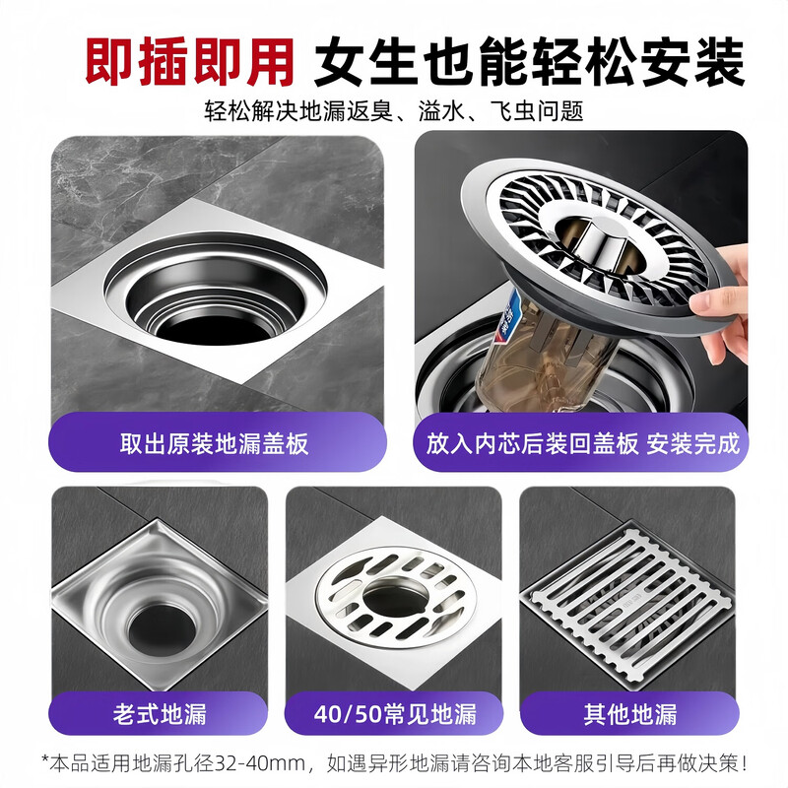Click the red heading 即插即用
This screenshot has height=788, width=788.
click(189, 62)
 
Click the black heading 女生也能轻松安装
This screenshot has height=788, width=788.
click(529, 62)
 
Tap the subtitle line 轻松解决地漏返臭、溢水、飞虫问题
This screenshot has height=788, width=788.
click(393, 111)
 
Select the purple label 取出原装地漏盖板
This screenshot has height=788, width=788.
click(215, 444)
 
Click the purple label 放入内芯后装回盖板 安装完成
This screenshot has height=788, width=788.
click(583, 444)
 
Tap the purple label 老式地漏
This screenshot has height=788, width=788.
click(160, 713)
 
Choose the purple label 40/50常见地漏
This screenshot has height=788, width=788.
click(395, 713)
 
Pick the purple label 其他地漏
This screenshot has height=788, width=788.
click(630, 713)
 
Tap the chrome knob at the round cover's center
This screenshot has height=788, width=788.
click(602, 243)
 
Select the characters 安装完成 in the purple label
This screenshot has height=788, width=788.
click(694, 444)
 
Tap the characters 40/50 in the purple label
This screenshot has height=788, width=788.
click(348, 714)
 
